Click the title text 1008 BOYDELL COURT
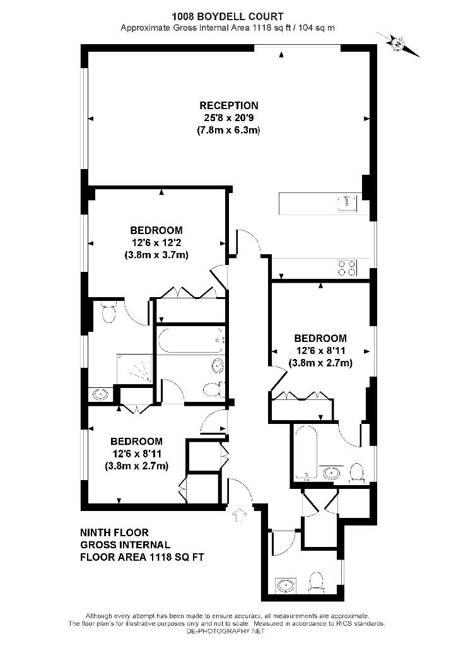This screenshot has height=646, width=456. pyautogui.click(x=228, y=16)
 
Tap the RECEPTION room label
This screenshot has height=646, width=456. pyautogui.click(x=229, y=105)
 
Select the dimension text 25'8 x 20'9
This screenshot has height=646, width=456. pyautogui.click(x=229, y=118)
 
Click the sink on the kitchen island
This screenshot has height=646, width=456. pyautogui.click(x=346, y=203)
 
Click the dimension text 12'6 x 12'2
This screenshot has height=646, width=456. pyautogui.click(x=156, y=243)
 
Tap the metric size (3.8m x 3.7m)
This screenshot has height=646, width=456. pyautogui.click(x=156, y=255)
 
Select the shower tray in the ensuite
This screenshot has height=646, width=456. pyautogui.click(x=134, y=369)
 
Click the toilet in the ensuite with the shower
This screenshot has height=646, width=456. pyautogui.click(x=108, y=312)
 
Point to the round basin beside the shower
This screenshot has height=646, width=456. pyautogui.click(x=100, y=395)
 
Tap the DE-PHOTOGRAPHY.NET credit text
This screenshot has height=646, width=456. pyautogui.click(x=227, y=631)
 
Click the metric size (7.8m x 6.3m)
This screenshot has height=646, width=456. pyautogui.click(x=229, y=131)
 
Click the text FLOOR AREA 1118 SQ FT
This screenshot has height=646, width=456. pyautogui.click(x=142, y=557)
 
